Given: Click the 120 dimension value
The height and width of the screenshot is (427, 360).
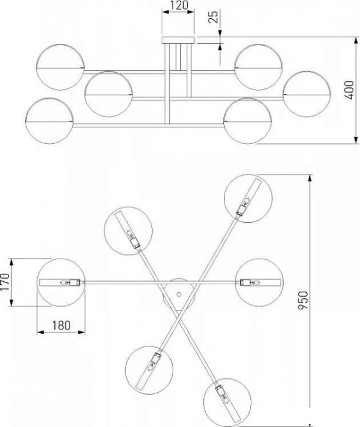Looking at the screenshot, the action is [x=178, y=5].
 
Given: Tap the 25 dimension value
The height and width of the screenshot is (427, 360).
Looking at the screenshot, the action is [x=214, y=16].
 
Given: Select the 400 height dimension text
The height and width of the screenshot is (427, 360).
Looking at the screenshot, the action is [x=349, y=90].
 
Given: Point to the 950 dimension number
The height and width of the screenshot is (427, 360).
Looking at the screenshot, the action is [x=303, y=300].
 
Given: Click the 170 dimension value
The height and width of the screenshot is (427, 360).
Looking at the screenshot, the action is [x=5, y=282].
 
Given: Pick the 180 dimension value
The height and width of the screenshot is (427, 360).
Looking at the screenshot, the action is [x=61, y=325].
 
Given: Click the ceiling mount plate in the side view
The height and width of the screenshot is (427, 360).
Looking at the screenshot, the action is [x=178, y=40].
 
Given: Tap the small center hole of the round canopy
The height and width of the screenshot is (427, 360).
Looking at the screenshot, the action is [x=179, y=294].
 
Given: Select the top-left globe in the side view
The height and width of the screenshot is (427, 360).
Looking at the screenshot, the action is [x=60, y=67].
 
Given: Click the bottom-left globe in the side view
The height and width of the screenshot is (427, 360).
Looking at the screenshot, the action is [x=49, y=121].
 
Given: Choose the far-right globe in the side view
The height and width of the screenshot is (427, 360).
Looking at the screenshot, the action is [x=307, y=94].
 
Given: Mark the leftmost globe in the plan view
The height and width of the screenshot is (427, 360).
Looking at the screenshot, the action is [x=61, y=282].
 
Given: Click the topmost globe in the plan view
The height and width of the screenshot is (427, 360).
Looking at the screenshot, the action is [x=248, y=198].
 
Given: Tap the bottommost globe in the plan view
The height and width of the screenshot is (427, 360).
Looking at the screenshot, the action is [x=228, y=402].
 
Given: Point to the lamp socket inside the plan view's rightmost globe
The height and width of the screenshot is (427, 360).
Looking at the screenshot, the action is [x=249, y=282].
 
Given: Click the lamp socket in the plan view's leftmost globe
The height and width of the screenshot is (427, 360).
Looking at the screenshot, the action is [x=71, y=282].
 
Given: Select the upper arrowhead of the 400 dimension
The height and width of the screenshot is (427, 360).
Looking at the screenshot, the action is [x=356, y=40].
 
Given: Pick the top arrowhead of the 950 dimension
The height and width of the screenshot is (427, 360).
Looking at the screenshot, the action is [x=309, y=178].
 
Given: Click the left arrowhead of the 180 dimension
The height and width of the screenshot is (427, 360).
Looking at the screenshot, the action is [x=40, y=332].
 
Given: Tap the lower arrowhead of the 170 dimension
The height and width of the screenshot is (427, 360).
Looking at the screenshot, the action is [x=12, y=303].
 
